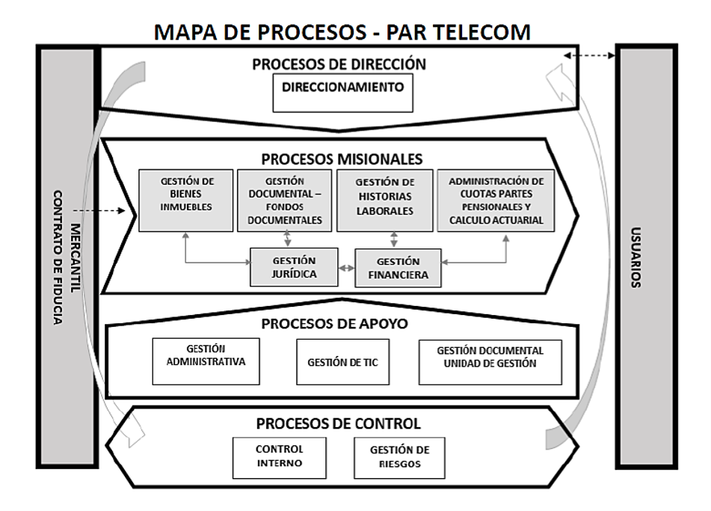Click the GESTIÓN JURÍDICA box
coord(294,267)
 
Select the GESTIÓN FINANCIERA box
coord(397,268)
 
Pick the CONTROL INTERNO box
coord(279,456)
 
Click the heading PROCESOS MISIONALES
coord(342,159)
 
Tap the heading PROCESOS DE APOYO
coord(341,324)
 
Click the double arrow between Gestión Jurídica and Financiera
coord(345,267)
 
